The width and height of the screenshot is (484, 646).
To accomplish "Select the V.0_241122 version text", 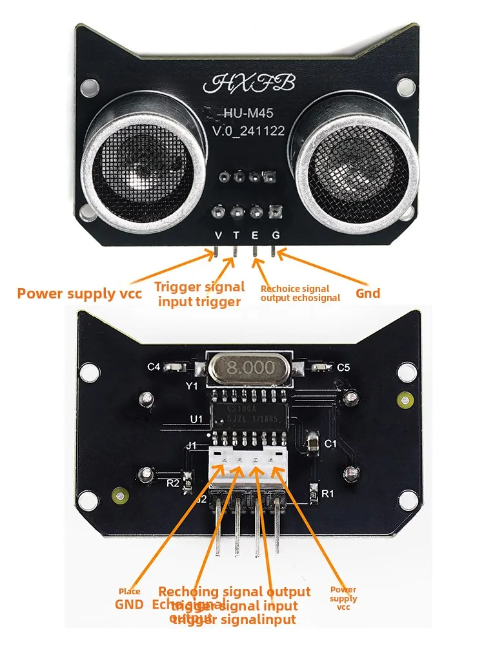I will [248, 131].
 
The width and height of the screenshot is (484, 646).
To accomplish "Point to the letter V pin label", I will [219, 236].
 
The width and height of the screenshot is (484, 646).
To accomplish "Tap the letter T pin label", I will [237, 236].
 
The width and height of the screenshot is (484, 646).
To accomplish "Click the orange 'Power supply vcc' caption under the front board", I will [79, 294].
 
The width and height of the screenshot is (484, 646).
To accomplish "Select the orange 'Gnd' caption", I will [368, 293].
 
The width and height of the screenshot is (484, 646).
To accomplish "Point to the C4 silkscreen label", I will [154, 367].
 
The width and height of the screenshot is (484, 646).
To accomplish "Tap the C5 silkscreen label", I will [343, 367].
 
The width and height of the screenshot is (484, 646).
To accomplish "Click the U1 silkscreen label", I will [197, 419].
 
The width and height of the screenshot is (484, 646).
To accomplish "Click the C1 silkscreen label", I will [331, 444].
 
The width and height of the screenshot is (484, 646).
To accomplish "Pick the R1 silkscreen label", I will [327, 494].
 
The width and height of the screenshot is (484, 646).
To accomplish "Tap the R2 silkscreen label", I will [172, 482].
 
